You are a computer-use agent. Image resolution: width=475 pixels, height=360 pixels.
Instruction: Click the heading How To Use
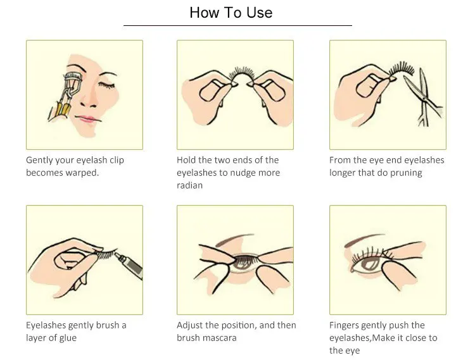click(x=231, y=13)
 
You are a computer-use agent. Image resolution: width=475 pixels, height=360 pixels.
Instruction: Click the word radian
click(x=189, y=185)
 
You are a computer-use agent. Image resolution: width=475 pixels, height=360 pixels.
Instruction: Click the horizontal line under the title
click(x=237, y=25)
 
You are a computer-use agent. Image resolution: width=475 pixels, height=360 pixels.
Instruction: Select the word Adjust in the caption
click(x=191, y=325)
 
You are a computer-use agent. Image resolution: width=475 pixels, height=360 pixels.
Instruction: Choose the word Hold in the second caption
click(x=187, y=160)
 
